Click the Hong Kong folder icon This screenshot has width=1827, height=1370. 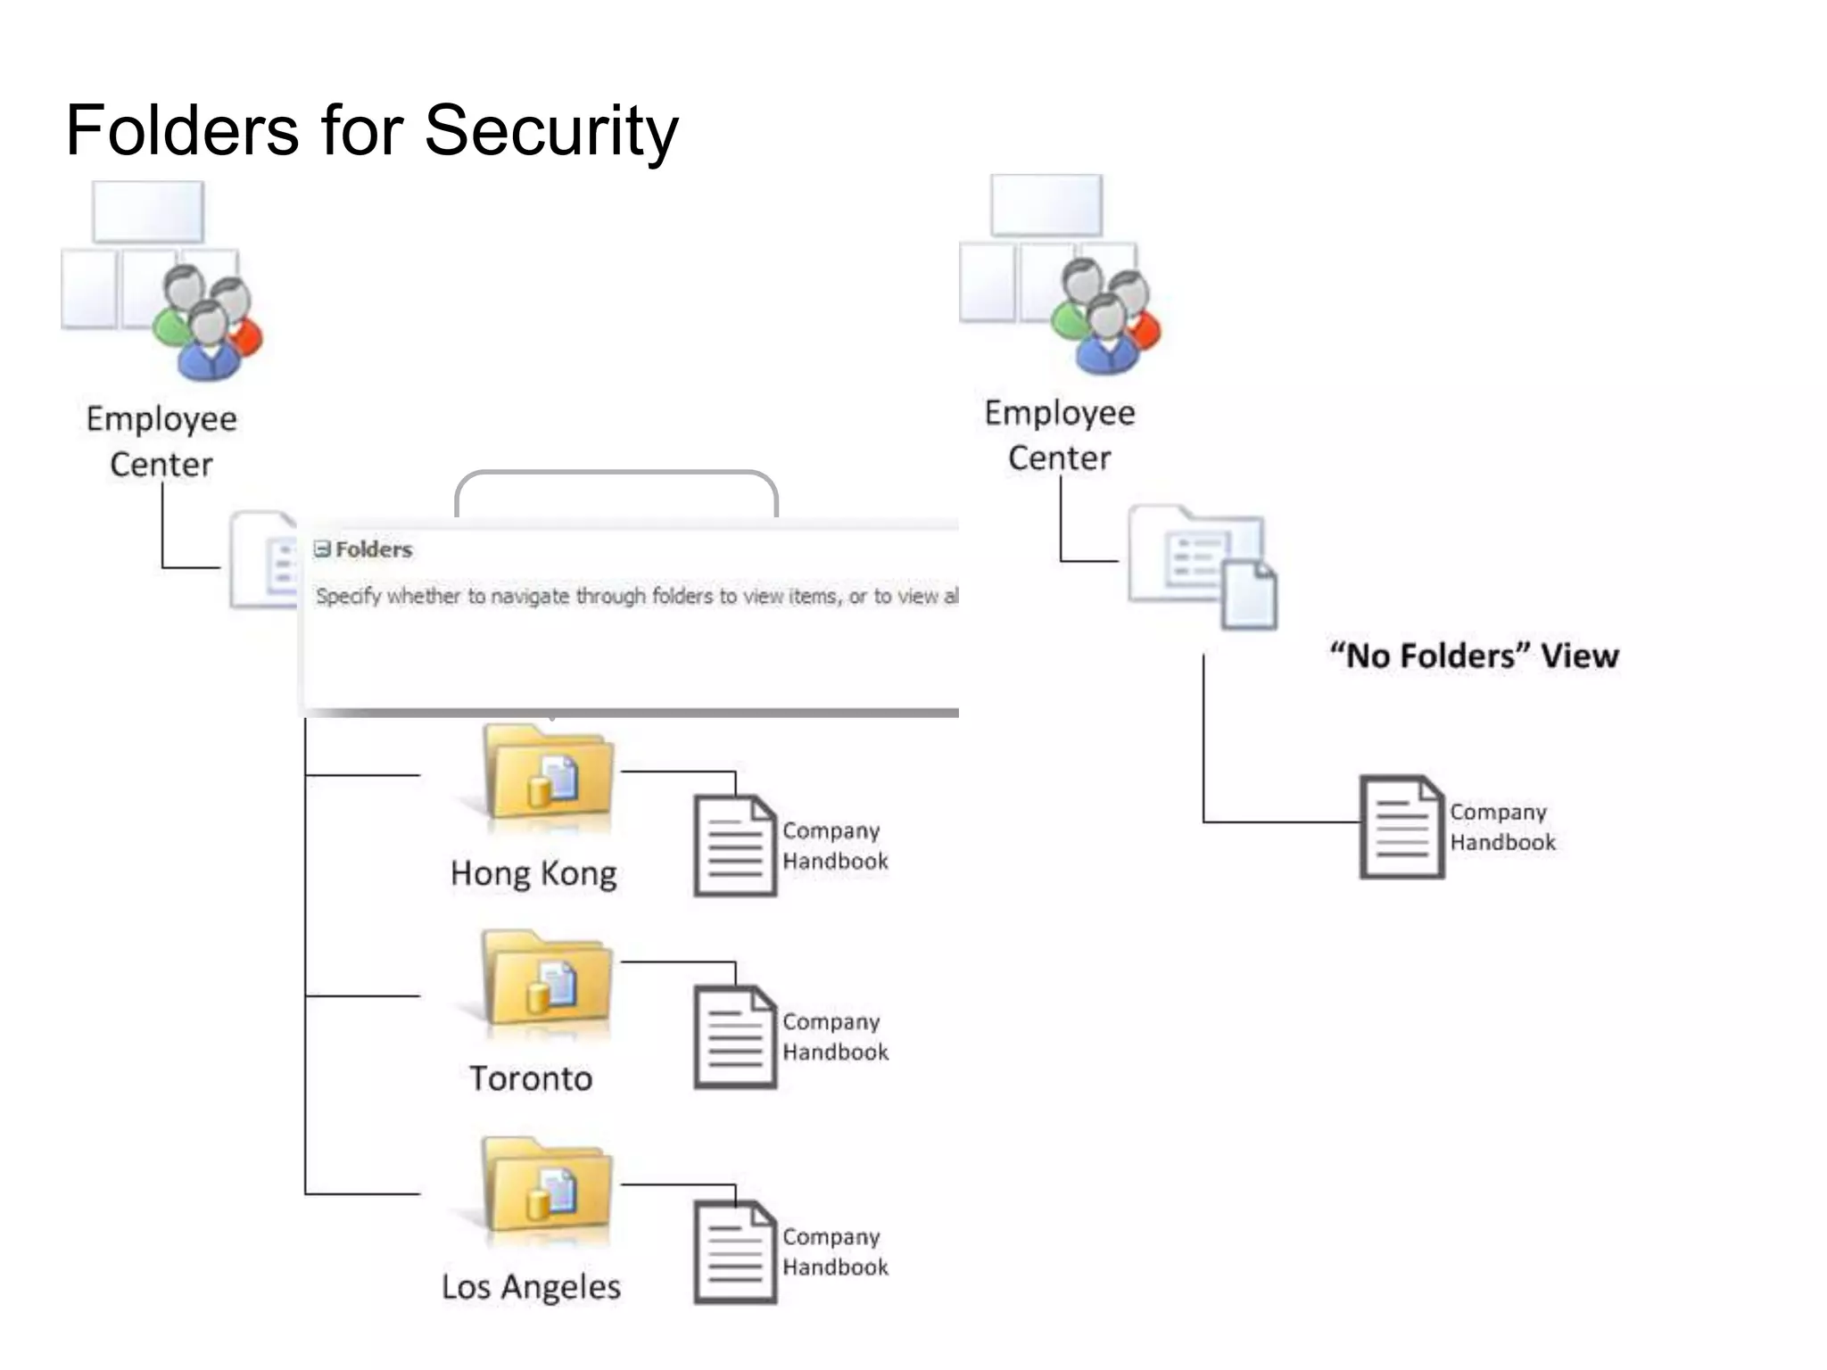click(x=548, y=774)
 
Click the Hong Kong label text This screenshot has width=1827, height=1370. click(x=533, y=873)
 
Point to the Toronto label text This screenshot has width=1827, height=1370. click(x=531, y=1078)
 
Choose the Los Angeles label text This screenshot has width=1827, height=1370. click(x=531, y=1286)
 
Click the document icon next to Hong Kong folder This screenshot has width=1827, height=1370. click(x=735, y=846)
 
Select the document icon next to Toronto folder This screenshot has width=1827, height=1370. click(x=735, y=1036)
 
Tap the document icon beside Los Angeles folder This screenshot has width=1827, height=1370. click(x=735, y=1251)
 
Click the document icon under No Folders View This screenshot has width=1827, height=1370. click(x=1401, y=827)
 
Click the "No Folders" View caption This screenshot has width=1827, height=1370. click(x=1474, y=656)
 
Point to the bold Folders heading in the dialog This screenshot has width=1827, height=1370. click(x=373, y=549)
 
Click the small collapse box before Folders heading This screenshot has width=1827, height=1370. click(x=322, y=549)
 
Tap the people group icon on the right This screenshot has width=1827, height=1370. click(x=1107, y=316)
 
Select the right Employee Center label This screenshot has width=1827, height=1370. click(x=1060, y=434)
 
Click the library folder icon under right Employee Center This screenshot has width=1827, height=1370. click(x=1201, y=566)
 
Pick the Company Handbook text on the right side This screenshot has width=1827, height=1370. click(x=1501, y=827)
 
